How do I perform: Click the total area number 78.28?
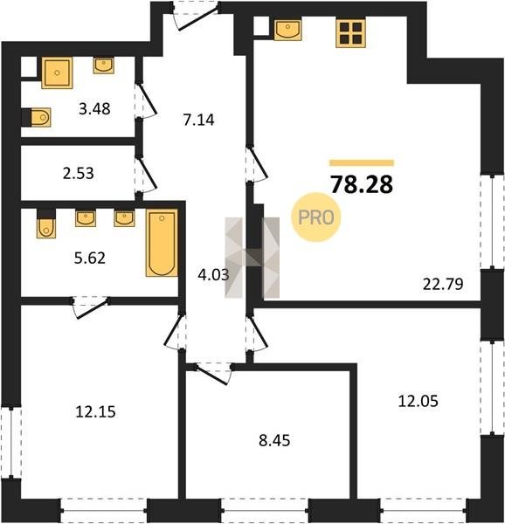pos(362,185)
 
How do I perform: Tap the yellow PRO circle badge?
pos(315,217)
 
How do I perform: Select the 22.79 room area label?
pos(443,284)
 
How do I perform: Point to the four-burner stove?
pos(350,33)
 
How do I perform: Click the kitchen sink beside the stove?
pos(287,30)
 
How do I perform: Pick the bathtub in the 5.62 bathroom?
pos(162,243)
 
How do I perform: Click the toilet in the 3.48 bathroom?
pos(37,117)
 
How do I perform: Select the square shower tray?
pos(57,72)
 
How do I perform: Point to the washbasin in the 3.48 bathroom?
pos(104,65)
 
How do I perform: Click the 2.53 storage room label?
pos(79,174)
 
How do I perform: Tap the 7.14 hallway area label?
pos(198,120)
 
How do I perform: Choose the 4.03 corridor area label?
pos(213,275)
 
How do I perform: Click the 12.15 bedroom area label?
pos(95,411)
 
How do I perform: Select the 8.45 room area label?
pos(274,440)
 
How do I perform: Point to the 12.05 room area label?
pos(418,401)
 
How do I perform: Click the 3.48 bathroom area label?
pos(94,109)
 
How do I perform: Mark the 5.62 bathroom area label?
pos(90,258)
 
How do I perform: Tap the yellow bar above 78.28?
pos(362,163)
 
